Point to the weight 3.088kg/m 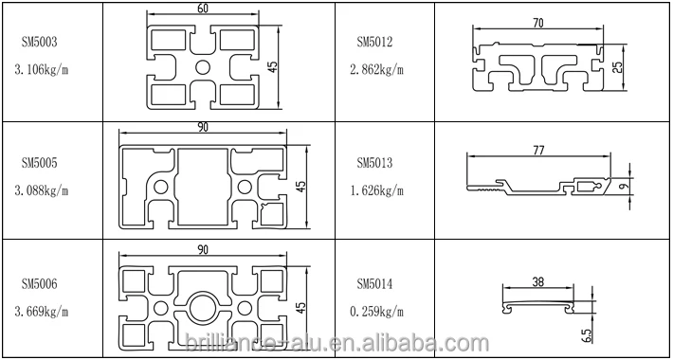(x=44, y=190)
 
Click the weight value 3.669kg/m (x=44, y=311)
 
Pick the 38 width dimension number (x=538, y=282)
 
